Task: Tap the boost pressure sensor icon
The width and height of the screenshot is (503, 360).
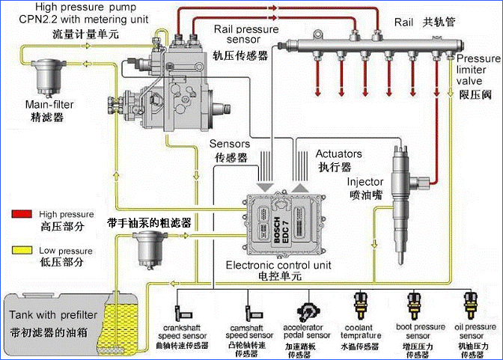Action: tap(414, 305)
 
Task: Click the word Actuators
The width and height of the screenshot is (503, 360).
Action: tap(339, 153)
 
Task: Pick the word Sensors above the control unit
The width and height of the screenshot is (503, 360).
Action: tap(230, 144)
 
